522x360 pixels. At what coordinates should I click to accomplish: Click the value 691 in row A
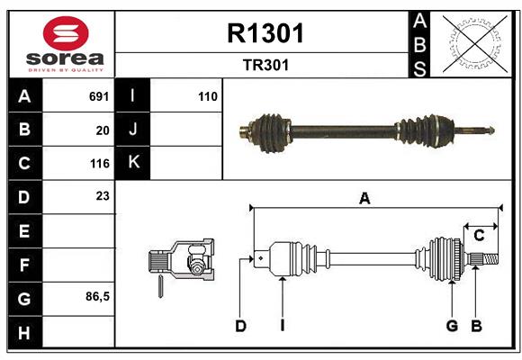(99, 95)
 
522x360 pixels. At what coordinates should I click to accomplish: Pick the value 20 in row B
(103, 130)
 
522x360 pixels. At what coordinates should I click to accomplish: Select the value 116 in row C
(99, 164)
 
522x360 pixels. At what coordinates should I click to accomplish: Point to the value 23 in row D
(103, 195)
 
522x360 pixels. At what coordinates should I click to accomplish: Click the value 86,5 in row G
(97, 296)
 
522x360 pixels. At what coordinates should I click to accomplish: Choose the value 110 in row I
(208, 95)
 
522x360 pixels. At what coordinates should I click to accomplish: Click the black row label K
(133, 163)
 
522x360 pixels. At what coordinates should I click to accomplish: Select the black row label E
(24, 231)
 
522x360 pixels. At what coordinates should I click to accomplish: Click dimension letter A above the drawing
(364, 199)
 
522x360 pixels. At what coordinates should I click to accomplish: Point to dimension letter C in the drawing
(480, 236)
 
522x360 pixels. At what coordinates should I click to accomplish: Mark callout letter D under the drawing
(240, 326)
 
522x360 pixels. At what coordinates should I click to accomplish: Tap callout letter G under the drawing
(452, 326)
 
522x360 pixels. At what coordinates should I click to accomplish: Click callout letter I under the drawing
(282, 326)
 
